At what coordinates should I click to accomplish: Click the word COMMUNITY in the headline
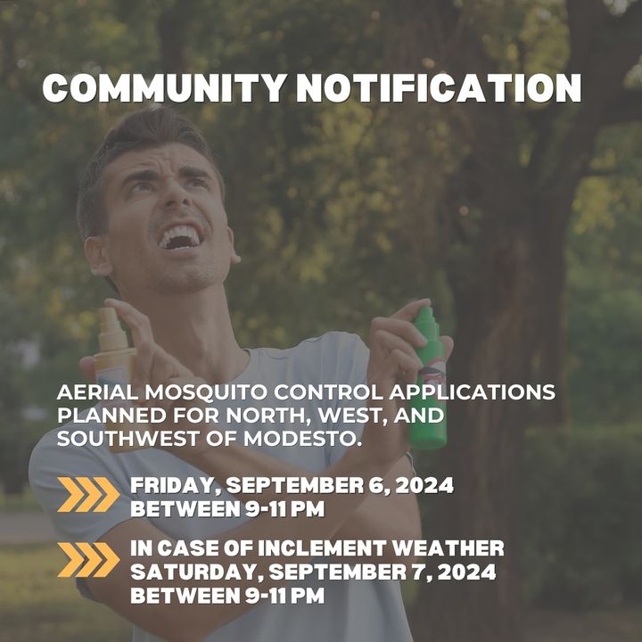click(164, 88)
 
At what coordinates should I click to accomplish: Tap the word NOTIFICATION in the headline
click(439, 88)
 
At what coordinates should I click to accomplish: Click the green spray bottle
click(427, 376)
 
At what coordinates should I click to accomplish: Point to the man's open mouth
click(179, 236)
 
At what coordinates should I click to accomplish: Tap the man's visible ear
click(98, 256)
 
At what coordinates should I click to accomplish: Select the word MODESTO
click(302, 439)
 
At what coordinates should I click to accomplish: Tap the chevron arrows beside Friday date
click(88, 494)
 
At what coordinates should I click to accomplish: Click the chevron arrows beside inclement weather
click(88, 560)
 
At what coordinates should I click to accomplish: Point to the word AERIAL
click(97, 392)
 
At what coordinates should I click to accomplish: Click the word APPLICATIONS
click(472, 392)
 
